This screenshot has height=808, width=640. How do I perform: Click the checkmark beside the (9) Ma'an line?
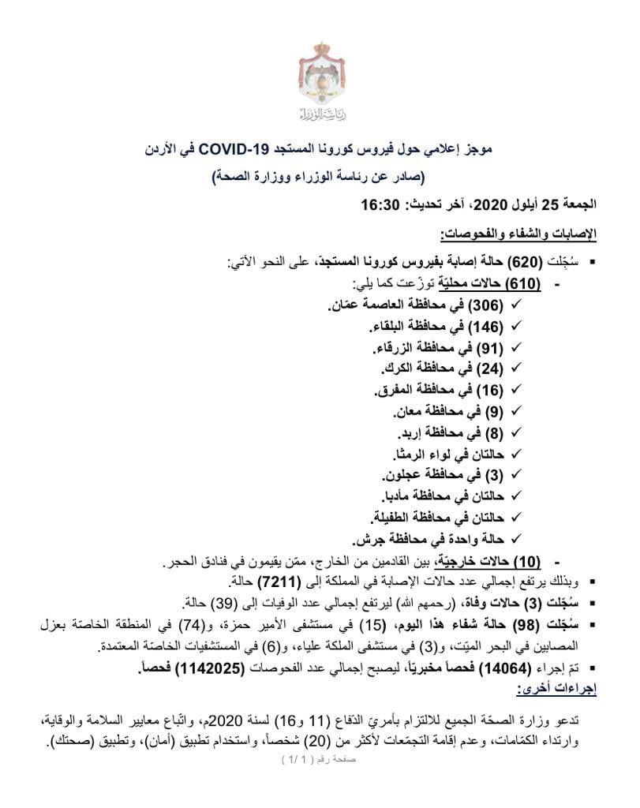(518, 412)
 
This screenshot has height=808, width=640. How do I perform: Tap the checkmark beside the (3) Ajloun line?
(518, 476)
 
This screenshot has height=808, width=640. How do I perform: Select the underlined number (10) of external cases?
(525, 562)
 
